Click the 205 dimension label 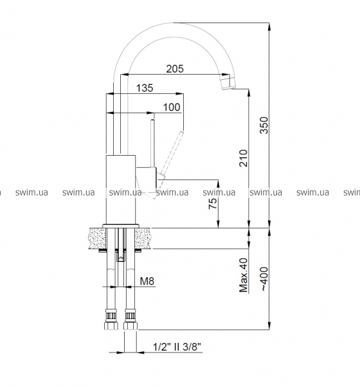coord(175,69)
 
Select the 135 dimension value coord(145,88)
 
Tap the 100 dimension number coord(172,107)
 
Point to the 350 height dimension coord(264,125)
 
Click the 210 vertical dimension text coord(244,158)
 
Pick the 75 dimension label coord(213,203)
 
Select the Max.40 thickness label coord(244,275)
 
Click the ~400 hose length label coord(264,279)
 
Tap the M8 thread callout coord(147,281)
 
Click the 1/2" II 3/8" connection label coord(177,347)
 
